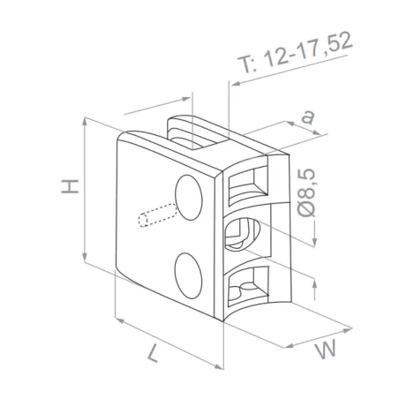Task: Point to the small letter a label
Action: click(x=306, y=116)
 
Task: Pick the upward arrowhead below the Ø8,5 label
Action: click(x=315, y=280)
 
